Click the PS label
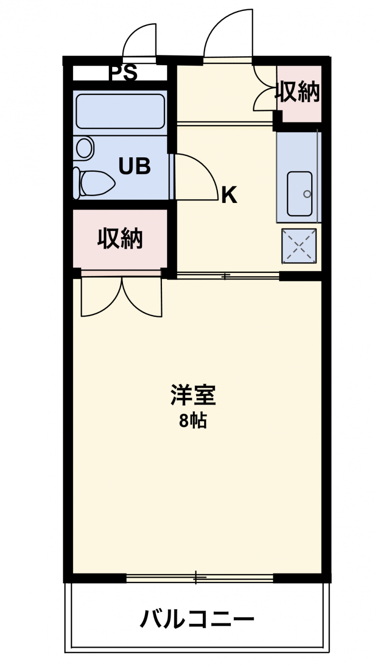point(123,73)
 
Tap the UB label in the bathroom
point(134,166)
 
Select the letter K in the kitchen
point(229,195)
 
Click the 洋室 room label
point(193,395)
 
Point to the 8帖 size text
point(193,420)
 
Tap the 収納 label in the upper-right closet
point(297,92)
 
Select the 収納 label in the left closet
point(120,238)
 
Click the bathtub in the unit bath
point(120,111)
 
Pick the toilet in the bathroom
point(94,183)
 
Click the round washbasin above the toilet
point(85,147)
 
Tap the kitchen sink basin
point(299,193)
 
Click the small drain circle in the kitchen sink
point(307,194)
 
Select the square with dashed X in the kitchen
point(299,246)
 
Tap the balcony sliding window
point(199,578)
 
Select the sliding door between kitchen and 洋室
point(228,276)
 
